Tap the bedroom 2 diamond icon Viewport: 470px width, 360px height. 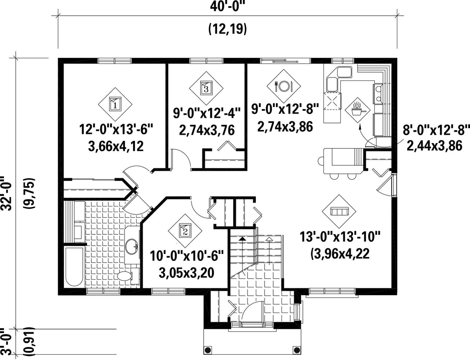pos(185,230)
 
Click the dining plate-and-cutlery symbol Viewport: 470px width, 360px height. pos(284,86)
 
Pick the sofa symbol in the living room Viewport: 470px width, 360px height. pos(339,211)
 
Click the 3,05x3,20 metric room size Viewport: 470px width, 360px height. pos(186,273)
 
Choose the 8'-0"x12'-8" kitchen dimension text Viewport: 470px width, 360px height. pos(436,130)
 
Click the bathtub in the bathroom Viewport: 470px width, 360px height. pos(74,267)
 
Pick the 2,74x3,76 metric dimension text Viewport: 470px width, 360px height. pos(207,130)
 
